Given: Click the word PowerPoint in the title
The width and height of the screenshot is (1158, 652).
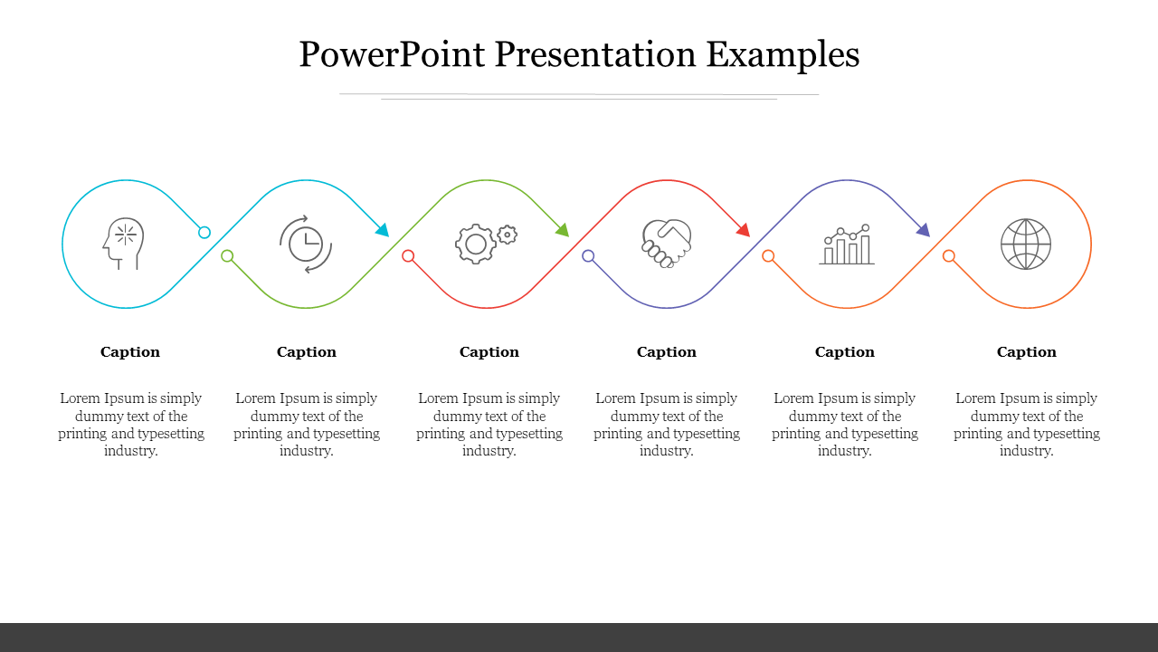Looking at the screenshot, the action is [392, 54].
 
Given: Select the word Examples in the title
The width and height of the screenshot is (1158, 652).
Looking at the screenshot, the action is [783, 56].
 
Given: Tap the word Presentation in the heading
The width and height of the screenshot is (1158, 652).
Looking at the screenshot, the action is [595, 54].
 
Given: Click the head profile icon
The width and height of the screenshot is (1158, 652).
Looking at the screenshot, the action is [123, 244].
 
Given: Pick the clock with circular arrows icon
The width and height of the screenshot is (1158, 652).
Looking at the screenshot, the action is [306, 244].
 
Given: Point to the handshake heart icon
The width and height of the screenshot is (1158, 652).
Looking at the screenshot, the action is [667, 244].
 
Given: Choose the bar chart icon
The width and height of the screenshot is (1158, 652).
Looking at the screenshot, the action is [846, 244].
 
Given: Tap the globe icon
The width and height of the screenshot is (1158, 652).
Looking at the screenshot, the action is [1026, 244].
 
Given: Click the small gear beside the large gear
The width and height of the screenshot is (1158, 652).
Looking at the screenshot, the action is [508, 235].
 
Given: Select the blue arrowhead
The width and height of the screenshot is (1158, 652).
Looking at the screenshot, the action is [383, 230].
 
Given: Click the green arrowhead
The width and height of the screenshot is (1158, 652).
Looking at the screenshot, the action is [563, 230].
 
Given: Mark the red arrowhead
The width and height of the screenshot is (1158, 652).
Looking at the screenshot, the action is [744, 230].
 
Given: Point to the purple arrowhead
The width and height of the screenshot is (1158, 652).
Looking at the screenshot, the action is [924, 230].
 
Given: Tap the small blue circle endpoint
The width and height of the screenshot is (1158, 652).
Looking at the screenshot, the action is [204, 233].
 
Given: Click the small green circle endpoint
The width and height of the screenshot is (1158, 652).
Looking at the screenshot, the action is [227, 255].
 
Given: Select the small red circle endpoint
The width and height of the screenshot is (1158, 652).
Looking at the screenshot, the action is [408, 255].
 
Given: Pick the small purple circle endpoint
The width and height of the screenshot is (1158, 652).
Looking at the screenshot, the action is [588, 255].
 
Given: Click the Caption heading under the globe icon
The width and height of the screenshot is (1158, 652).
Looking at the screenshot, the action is [1026, 352].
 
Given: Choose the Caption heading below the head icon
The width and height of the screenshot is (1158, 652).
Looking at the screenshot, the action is [129, 352].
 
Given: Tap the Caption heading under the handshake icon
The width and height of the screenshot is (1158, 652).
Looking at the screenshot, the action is [667, 352].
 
